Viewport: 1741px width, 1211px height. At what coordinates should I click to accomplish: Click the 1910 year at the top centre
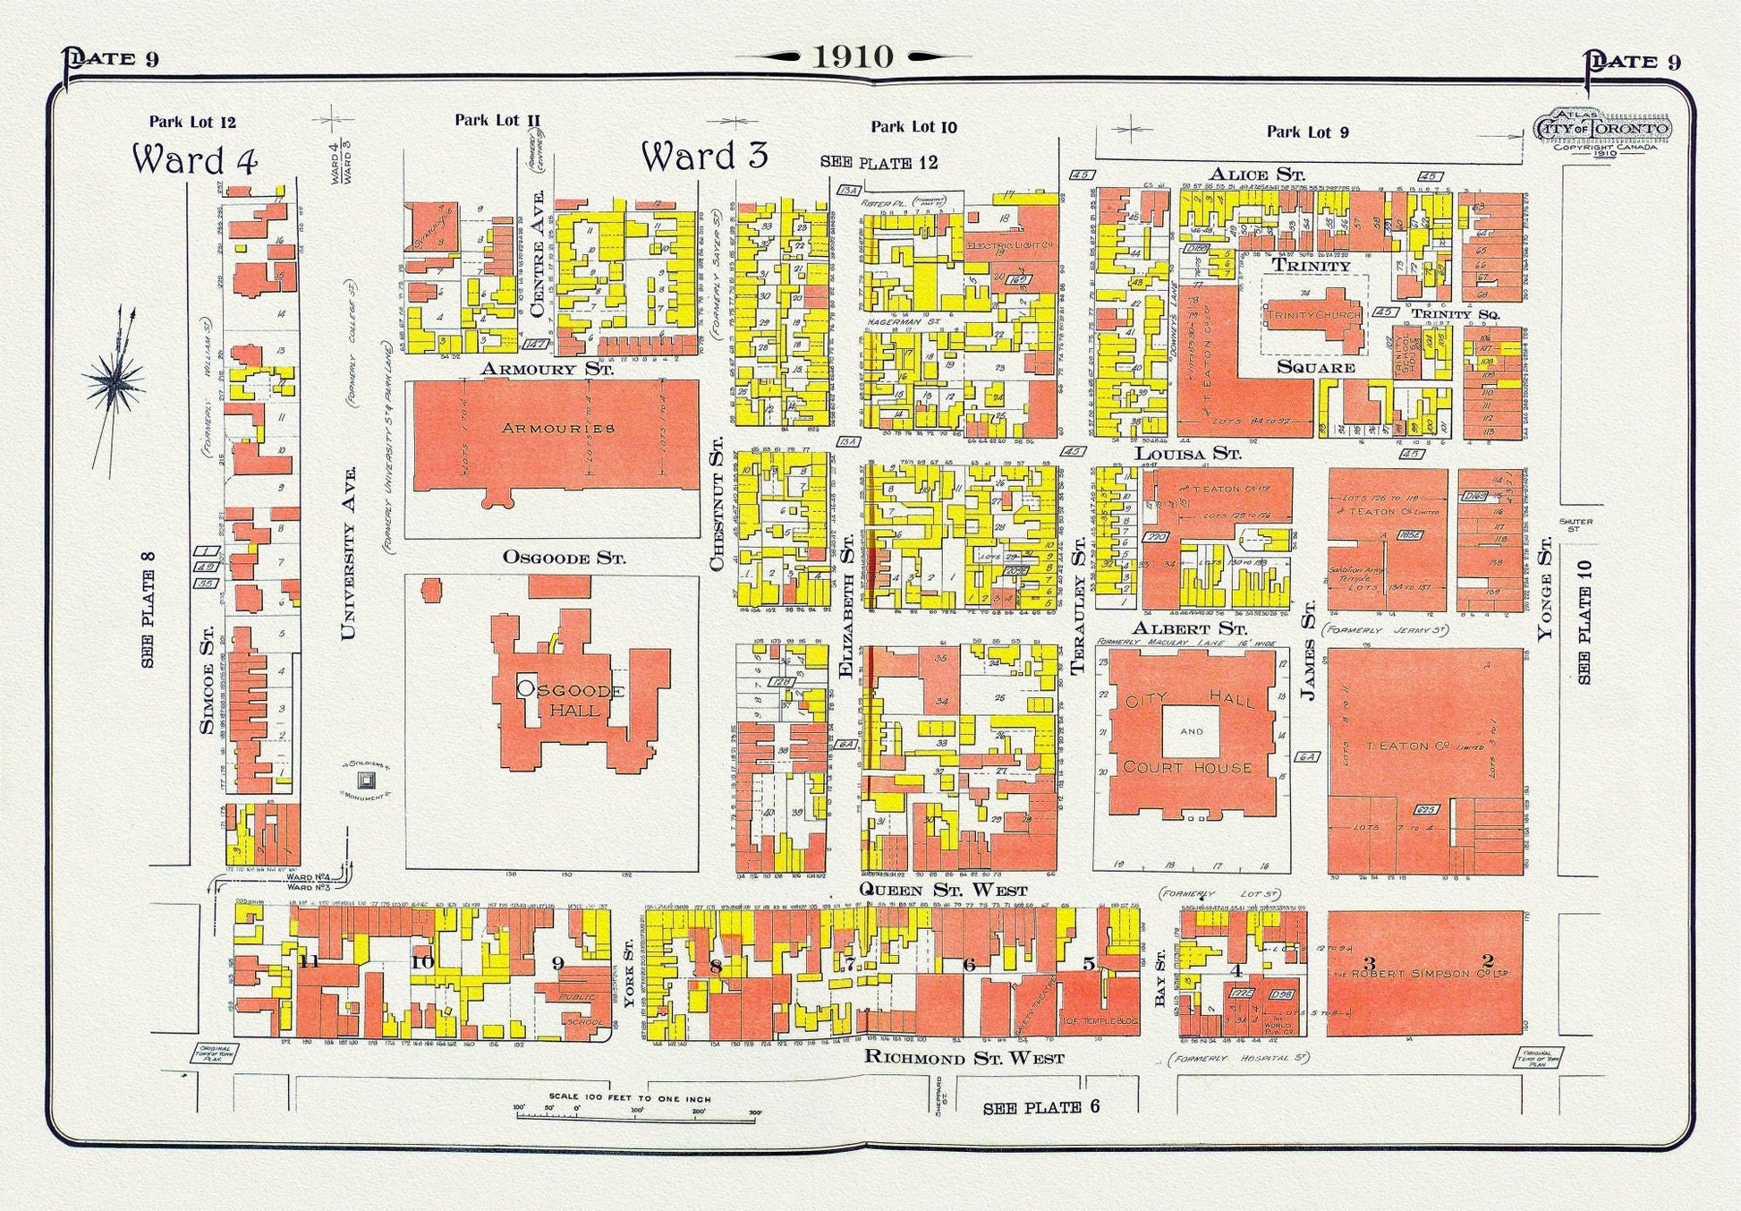[x=853, y=56]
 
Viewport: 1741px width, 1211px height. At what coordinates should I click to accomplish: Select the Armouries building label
[x=558, y=428]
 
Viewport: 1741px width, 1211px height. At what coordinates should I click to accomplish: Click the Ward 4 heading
[x=195, y=159]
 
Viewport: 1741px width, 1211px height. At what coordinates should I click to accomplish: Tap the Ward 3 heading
[x=705, y=156]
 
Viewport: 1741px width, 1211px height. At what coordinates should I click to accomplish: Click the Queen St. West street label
[x=930, y=890]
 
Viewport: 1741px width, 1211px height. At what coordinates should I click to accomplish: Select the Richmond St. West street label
[x=964, y=1058]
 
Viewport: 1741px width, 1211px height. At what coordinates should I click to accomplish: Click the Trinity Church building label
[x=1312, y=314]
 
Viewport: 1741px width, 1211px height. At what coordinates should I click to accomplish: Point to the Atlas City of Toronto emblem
[x=1601, y=131]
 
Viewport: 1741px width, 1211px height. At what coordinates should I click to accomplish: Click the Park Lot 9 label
[x=1307, y=132]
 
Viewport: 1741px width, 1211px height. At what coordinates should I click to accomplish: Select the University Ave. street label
[x=349, y=552]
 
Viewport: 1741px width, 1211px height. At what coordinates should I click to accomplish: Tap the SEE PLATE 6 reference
[x=1040, y=1107]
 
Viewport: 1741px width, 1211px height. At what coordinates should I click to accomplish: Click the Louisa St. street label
[x=1188, y=454]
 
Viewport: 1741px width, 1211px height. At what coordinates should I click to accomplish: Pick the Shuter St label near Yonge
[x=1575, y=524]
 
